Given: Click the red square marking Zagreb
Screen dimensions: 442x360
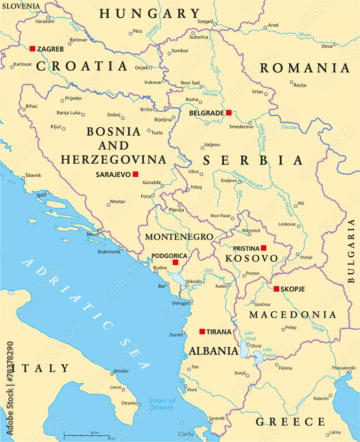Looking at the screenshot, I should pyautogui.click(x=32, y=49).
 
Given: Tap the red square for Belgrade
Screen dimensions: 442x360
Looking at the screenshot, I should pyautogui.click(x=228, y=113).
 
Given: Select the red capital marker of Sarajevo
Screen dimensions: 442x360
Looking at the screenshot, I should pyautogui.click(x=136, y=174).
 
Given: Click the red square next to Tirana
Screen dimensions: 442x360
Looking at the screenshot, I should pyautogui.click(x=202, y=331).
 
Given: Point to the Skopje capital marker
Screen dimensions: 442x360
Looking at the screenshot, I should pyautogui.click(x=276, y=289).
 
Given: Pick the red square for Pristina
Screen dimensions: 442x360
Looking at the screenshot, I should pyautogui.click(x=264, y=248).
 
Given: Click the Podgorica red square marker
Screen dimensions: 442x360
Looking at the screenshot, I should pyautogui.click(x=175, y=263).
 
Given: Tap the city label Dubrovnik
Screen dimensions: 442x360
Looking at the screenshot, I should pyautogui.click(x=109, y=252).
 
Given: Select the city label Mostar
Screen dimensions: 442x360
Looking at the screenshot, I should pyautogui.click(x=117, y=202).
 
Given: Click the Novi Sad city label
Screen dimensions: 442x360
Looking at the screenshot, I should pyautogui.click(x=190, y=83).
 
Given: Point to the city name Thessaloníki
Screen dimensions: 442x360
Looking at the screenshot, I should pyautogui.click(x=344, y=368).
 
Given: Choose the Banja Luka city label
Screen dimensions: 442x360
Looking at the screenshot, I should pyautogui.click(x=68, y=113).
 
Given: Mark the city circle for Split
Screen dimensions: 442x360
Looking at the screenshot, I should pyautogui.click(x=47, y=192).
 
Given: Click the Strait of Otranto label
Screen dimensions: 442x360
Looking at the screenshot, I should pyautogui.click(x=162, y=404).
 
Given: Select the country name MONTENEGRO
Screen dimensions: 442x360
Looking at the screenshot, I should pyautogui.click(x=179, y=237).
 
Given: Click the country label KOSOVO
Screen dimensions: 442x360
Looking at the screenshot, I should pyautogui.click(x=251, y=258).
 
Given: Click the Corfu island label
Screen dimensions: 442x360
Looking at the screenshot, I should pyautogui.click(x=186, y=434).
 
